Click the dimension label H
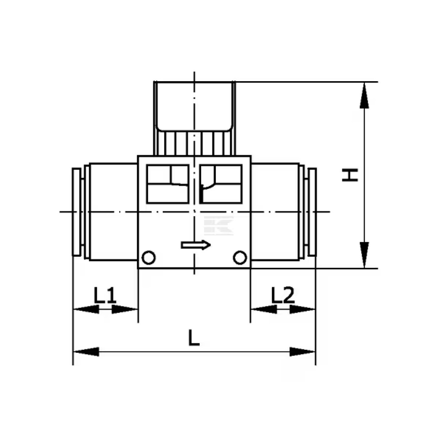point(350,175)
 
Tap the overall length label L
point(194,338)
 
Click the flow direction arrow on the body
point(196,245)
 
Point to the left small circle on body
point(149,258)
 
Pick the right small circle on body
point(240,258)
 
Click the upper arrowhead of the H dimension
point(364,96)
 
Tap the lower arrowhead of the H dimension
point(364,255)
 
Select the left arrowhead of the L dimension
point(86,352)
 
